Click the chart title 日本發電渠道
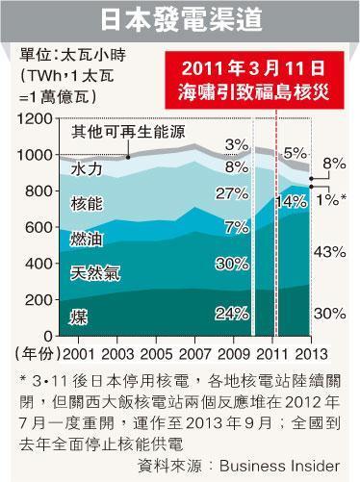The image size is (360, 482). [179, 19]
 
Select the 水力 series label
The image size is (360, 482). [90, 169]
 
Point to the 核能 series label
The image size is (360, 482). [90, 204]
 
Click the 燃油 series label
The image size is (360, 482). [90, 238]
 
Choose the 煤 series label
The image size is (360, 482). [78, 317]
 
